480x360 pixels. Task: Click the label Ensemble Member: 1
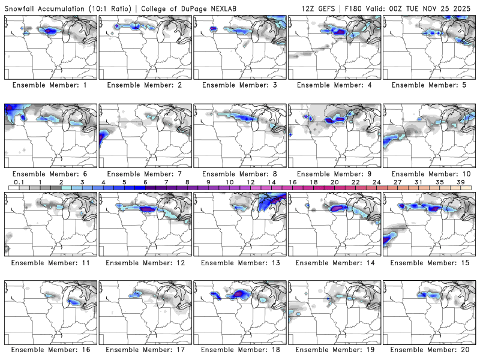[52, 85]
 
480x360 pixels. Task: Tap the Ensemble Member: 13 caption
[241, 263]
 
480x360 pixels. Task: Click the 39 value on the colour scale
[460, 182]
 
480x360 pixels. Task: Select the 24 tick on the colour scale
[376, 182]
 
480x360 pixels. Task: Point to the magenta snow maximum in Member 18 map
[241, 293]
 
